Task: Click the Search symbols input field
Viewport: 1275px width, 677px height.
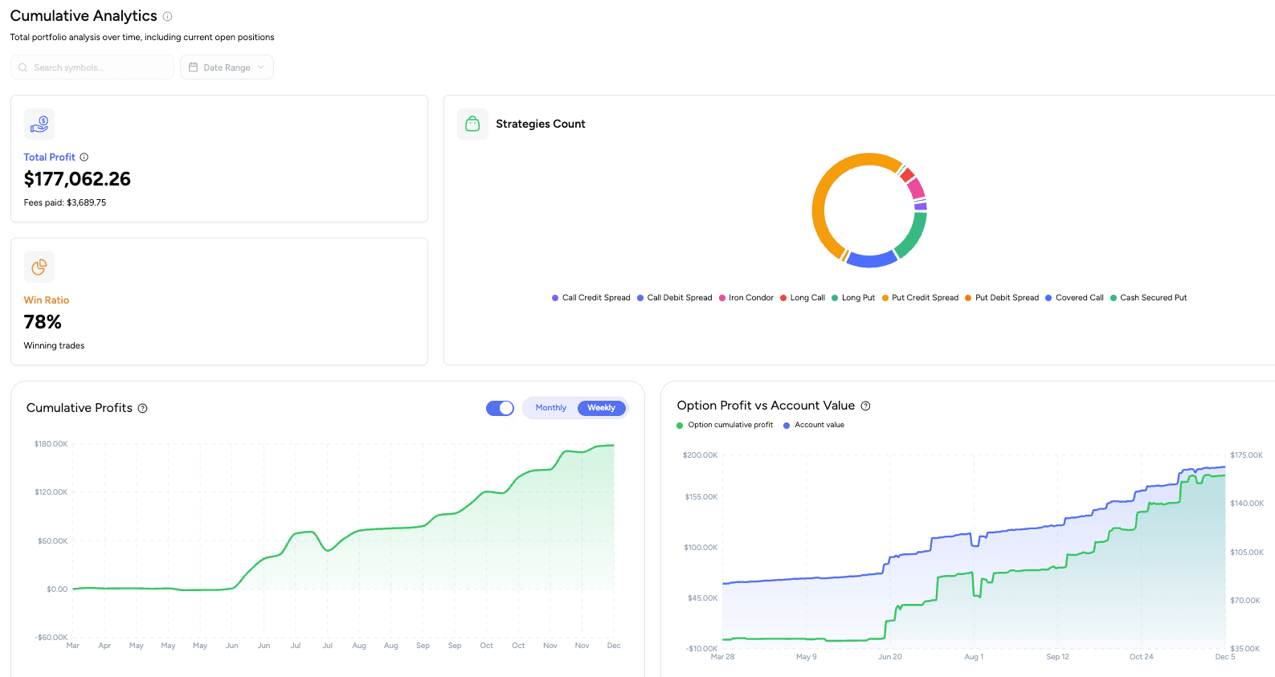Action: click(92, 67)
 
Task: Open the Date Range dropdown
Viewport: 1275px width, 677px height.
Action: click(227, 67)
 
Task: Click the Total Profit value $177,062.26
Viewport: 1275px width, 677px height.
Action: click(77, 179)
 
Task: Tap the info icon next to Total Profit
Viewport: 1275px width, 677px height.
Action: click(84, 157)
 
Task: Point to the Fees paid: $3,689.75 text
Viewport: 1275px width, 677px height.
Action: click(65, 202)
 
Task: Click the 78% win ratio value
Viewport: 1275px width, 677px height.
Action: click(43, 322)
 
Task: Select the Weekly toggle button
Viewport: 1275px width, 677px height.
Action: click(601, 408)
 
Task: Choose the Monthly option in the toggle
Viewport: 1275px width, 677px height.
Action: click(551, 408)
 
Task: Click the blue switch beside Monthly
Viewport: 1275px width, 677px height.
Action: click(500, 408)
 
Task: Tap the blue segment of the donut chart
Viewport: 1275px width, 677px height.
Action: click(872, 260)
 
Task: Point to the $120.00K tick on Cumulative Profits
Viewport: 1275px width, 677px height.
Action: click(51, 492)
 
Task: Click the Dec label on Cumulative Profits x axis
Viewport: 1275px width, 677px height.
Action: click(614, 646)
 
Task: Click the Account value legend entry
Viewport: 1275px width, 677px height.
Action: click(819, 425)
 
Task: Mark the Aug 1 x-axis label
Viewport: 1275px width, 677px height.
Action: click(974, 657)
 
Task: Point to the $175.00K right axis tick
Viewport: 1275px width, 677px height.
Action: click(1246, 455)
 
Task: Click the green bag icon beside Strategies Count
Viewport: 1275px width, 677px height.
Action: click(472, 124)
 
